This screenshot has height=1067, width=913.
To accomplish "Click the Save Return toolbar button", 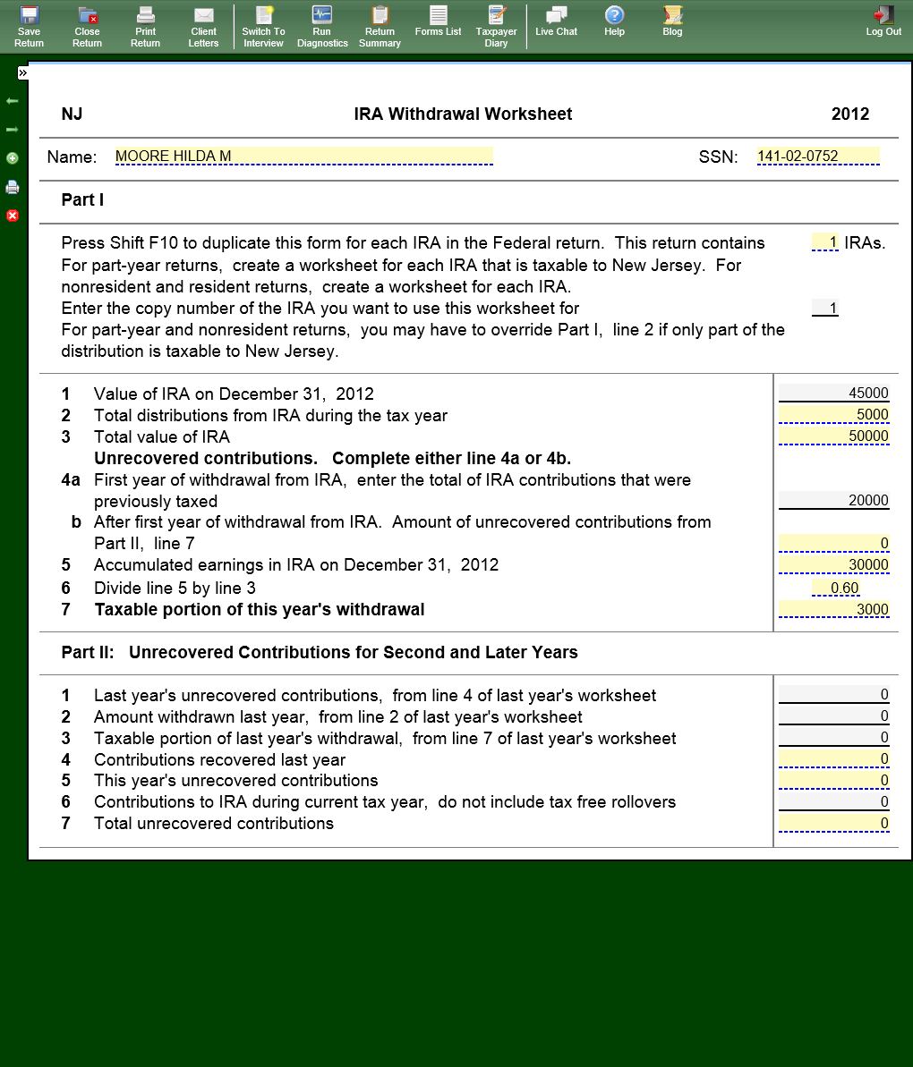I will [29, 25].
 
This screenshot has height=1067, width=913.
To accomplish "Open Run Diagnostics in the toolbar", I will [322, 25].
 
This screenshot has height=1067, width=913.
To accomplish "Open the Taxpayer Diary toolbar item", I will [496, 25].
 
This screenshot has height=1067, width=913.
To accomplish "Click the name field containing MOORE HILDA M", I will [303, 157].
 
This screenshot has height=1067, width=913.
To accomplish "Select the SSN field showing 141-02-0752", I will [817, 157].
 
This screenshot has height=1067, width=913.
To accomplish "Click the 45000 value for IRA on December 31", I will [833, 394].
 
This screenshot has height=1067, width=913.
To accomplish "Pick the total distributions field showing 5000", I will [833, 415].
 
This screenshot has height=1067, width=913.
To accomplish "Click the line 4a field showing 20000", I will [833, 501].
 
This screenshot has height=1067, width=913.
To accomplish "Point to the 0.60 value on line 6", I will [836, 588].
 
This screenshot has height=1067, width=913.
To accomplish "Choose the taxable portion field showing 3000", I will [833, 610].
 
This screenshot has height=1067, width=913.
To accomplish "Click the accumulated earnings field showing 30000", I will [833, 565].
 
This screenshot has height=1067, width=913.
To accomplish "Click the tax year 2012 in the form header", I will [849, 114].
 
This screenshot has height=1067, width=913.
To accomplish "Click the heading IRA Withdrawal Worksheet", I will [463, 114].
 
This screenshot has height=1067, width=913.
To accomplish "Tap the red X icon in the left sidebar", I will [13, 216].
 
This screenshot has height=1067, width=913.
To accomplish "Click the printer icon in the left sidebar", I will [13, 187].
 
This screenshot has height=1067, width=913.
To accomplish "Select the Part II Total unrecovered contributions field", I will [833, 824].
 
